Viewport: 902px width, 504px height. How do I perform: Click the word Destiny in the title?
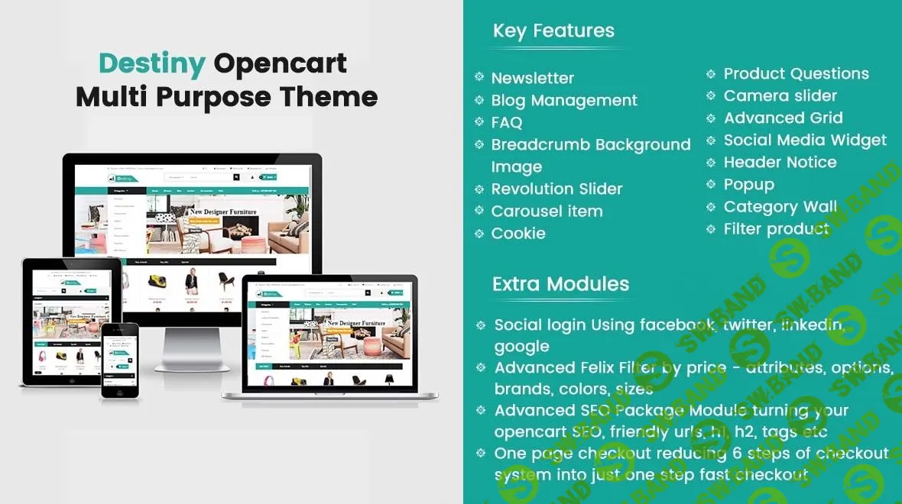pos(152,63)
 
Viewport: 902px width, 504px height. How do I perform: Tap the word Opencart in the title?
pos(280,63)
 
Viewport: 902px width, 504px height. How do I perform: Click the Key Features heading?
pos(553,31)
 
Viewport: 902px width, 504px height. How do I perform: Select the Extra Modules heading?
pos(560,284)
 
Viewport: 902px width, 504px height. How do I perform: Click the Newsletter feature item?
pos(532,78)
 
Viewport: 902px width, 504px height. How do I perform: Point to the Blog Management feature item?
pos(564,100)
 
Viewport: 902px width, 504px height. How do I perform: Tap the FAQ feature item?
pos(507,122)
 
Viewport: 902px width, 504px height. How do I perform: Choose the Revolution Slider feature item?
pos(556,189)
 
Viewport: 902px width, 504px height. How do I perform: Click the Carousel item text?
pos(547,211)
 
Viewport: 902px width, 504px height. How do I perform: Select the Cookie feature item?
pos(518,233)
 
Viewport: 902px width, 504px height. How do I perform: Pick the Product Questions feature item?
pos(796,74)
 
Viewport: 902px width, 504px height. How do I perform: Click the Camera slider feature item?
pos(780,96)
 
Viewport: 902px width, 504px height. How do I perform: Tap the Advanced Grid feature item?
pos(783,118)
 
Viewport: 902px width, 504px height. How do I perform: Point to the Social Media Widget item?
pos(805,141)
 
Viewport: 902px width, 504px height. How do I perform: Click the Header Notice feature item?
pos(780,163)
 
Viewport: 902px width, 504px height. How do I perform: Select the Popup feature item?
pos(748,185)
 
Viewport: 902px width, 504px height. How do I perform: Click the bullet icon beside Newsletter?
pos(479,77)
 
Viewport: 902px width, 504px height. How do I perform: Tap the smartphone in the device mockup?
pos(120,360)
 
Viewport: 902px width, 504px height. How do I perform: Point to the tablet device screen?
pos(70,317)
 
